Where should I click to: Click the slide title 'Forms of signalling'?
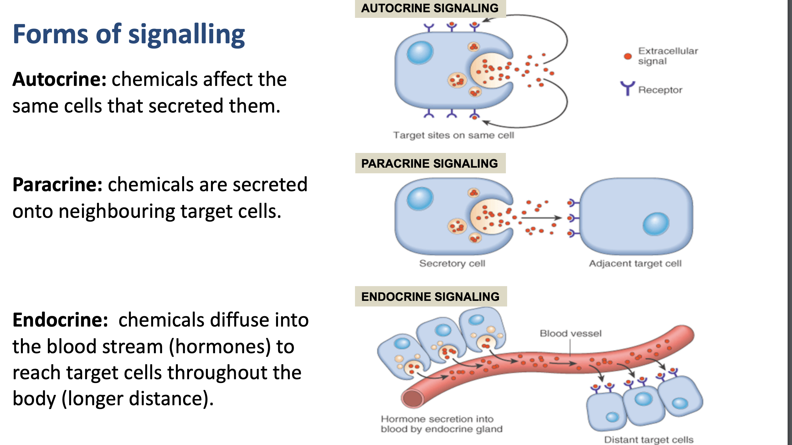[129, 34]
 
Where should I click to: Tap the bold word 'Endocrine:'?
[60, 320]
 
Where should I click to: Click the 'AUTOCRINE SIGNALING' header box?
[430, 8]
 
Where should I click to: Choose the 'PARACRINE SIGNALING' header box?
[430, 163]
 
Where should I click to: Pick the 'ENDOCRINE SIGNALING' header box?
[431, 296]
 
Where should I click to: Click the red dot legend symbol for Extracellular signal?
[628, 56]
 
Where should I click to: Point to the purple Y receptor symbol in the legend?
[627, 88]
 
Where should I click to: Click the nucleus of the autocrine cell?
[420, 52]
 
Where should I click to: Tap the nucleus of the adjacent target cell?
[656, 224]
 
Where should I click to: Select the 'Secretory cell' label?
[452, 263]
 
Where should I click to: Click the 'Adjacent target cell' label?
[635, 263]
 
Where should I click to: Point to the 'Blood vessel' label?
[570, 333]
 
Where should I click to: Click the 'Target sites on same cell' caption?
[454, 135]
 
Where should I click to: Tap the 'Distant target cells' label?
[649, 440]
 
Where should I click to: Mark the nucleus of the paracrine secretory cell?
[420, 198]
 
